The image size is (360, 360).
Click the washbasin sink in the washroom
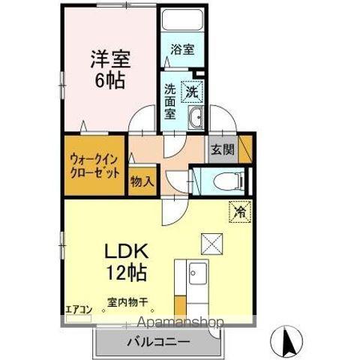coord(197,117)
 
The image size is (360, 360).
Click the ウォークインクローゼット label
coord(94,164)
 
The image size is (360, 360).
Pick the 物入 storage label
coord(142,181)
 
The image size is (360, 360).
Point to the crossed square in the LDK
coord(208,243)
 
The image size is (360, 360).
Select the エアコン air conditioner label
coord(78,307)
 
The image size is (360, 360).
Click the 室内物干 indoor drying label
coord(127,303)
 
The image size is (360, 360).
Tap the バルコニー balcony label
coord(158,341)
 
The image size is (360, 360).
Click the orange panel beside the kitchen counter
coord(180,307)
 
